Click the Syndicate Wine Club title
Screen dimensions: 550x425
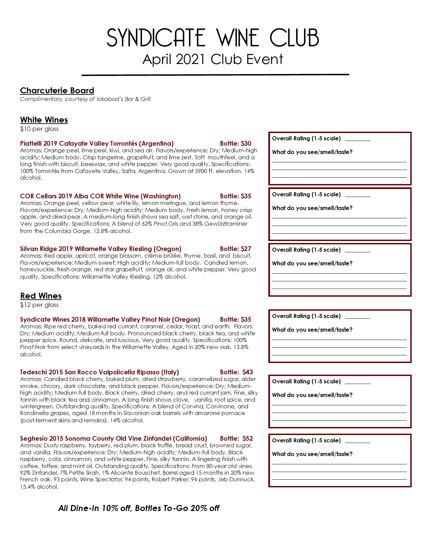[213, 38]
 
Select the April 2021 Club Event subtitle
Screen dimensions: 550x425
[213, 60]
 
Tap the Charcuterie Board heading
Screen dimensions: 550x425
[57, 91]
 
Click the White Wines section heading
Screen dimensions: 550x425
[44, 120]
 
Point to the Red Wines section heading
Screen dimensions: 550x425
[41, 296]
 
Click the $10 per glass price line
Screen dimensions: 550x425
[39, 129]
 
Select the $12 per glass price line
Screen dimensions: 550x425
[39, 305]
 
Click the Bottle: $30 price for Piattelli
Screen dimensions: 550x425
[236, 144]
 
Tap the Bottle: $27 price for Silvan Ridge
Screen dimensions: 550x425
[236, 249]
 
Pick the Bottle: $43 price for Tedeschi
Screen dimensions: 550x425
[236, 372]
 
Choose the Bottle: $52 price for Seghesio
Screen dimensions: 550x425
[236, 439]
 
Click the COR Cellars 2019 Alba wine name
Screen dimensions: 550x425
[100, 196]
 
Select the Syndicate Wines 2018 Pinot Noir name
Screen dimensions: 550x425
[110, 320]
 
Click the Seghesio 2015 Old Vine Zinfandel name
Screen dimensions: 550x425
[113, 439]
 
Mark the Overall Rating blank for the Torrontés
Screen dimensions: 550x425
[357, 140]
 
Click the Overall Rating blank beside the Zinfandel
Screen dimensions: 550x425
[357, 442]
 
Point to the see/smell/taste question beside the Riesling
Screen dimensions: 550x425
[312, 263]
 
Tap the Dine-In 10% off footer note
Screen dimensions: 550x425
[139, 508]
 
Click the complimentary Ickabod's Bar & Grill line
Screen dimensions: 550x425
[85, 99]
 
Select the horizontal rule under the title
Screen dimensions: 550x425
[215, 75]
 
